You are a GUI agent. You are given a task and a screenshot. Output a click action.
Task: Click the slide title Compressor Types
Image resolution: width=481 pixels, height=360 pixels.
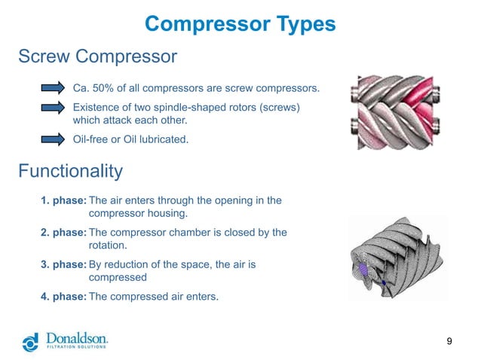click(x=240, y=24)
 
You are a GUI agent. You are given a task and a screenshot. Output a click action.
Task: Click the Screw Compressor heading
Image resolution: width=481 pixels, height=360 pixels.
click(x=97, y=56)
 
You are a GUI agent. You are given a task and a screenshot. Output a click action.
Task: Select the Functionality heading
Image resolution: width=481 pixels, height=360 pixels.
click(x=69, y=171)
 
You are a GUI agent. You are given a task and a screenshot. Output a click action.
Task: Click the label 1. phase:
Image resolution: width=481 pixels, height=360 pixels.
click(x=63, y=200)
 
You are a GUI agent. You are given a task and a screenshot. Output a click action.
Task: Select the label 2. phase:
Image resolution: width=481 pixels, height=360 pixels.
click(x=63, y=233)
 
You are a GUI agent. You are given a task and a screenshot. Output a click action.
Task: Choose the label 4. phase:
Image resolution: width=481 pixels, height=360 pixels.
click(x=63, y=296)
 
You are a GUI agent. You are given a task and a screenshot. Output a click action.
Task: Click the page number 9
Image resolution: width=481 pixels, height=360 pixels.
click(x=449, y=343)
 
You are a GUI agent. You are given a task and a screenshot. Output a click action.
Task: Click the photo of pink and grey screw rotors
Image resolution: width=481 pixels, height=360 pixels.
click(x=400, y=111)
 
